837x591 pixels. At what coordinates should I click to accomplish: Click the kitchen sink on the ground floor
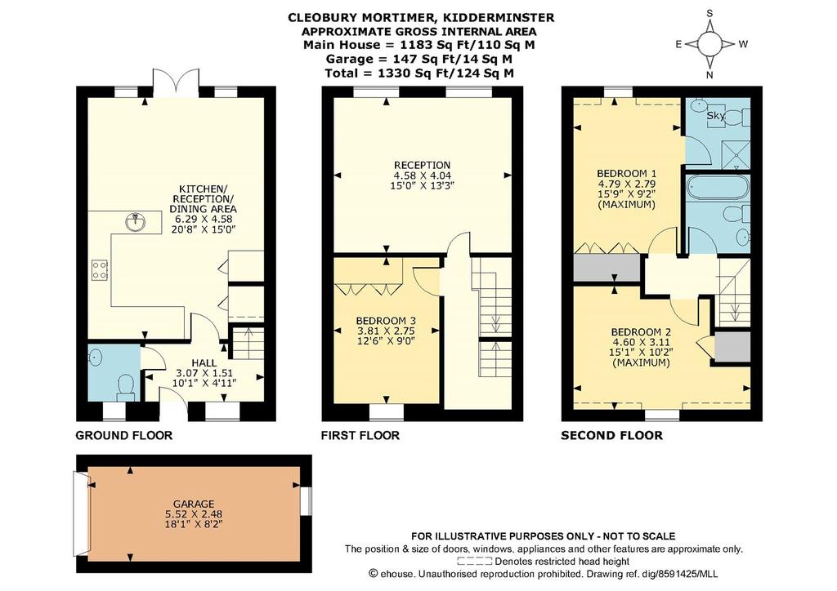point(137,222)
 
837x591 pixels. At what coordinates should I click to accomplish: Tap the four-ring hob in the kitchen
point(100,269)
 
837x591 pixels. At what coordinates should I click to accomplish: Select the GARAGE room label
point(194,504)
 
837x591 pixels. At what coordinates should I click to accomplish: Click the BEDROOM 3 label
point(386,321)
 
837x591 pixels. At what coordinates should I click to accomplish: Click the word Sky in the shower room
point(715,116)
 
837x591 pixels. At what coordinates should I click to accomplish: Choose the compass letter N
point(709,75)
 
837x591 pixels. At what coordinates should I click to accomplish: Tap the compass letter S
point(709,13)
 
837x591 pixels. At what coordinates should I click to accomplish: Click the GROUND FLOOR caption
point(124,435)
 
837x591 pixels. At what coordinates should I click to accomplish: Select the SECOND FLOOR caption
point(611,435)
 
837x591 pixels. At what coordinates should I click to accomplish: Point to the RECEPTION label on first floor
point(422,165)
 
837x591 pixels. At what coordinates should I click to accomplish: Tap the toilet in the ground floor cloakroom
point(126,387)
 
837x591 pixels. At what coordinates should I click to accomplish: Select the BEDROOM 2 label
point(641,331)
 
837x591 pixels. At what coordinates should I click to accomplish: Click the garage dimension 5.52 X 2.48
point(194,514)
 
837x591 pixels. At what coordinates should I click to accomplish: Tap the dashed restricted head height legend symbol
point(475,561)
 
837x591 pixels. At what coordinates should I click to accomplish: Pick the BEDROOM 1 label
point(626,174)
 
